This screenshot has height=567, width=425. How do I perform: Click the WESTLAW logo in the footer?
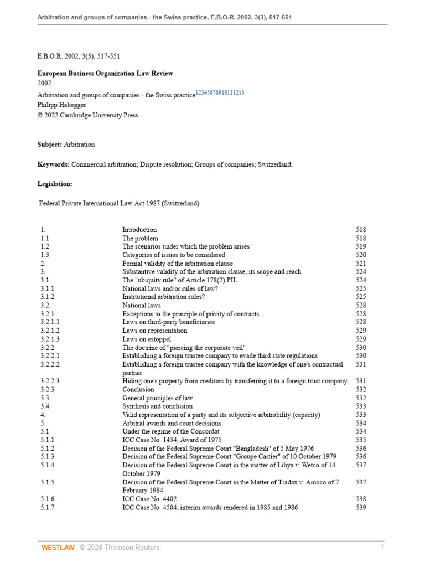click(58, 548)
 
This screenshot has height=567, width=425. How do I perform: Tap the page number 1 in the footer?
click(382, 548)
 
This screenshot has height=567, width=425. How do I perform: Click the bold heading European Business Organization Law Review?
click(105, 73)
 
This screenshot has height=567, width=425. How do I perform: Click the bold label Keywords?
click(54, 164)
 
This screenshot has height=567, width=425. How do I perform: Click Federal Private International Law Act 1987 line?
click(119, 203)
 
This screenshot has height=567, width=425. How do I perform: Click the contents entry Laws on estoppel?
click(147, 339)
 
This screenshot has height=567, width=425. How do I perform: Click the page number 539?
click(361, 507)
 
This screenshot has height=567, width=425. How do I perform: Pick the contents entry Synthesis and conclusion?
click(156, 406)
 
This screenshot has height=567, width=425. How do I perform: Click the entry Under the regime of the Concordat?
click(171, 431)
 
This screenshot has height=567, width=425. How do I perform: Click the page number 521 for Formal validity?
click(361, 264)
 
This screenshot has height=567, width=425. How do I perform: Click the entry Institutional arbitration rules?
click(162, 297)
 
